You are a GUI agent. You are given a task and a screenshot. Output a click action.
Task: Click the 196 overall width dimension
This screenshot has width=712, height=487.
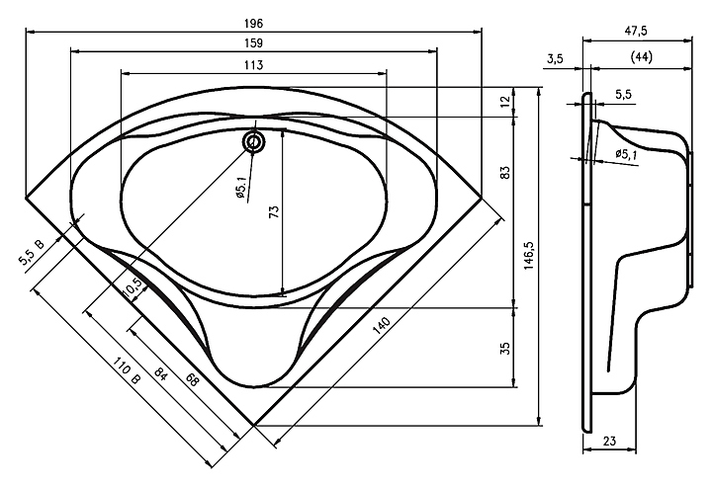coord(253,23)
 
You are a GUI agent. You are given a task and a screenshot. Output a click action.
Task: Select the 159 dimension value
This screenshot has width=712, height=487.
coord(253,43)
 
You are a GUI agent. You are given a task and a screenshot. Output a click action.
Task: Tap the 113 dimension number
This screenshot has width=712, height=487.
coord(253,65)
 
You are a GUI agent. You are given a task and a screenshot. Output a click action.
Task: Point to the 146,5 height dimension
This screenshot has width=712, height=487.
coord(529,256)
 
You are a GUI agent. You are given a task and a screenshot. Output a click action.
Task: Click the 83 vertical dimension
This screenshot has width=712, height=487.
coord(505,172)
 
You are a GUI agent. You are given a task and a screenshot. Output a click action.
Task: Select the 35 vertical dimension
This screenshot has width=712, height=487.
coord(505,349)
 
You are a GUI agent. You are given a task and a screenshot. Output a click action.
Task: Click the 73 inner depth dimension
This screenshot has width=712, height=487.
coord(275,211)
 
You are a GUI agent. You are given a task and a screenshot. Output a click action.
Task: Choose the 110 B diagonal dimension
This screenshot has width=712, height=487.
coord(127,370)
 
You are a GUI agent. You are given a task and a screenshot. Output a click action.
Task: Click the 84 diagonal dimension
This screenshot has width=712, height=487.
coord(161,373)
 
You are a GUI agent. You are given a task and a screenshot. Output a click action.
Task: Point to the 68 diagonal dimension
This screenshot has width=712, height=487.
coord(192,379)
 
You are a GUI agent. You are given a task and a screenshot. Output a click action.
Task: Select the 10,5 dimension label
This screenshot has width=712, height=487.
coord(133,287)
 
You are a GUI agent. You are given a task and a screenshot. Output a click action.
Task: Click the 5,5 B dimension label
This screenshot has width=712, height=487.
coord(32,253)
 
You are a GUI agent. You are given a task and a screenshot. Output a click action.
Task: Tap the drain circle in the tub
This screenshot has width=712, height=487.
coord(254,141)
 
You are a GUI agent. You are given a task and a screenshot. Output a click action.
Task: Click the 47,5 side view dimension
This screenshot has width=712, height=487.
coord(636,31)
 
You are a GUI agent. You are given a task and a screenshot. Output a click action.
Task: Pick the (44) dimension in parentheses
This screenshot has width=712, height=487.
coord(642,56)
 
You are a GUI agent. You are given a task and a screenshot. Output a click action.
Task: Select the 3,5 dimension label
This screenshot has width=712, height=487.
coord(555,58)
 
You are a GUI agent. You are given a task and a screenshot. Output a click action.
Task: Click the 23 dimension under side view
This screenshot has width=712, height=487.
coord(610,441)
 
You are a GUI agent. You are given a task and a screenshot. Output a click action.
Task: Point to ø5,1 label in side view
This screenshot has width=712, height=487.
coord(627,154)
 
